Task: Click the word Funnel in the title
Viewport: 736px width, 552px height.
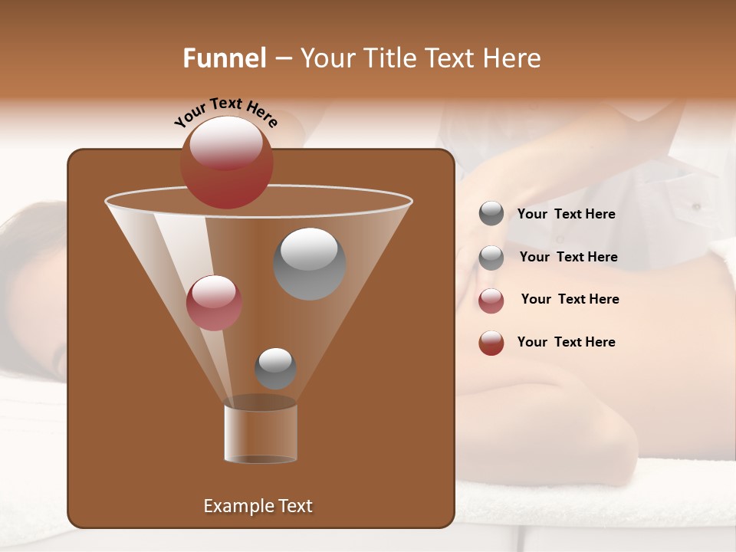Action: click(224, 58)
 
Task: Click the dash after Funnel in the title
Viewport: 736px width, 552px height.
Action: click(282, 59)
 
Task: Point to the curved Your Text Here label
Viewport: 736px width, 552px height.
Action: click(225, 111)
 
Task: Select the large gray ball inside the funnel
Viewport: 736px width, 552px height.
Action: click(310, 263)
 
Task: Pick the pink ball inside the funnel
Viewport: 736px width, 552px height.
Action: click(214, 302)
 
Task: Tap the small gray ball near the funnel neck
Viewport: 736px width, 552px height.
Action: click(275, 368)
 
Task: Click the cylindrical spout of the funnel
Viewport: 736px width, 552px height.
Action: click(261, 433)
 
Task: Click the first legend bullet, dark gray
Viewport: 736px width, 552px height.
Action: click(491, 214)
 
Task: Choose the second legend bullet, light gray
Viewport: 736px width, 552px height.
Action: click(491, 257)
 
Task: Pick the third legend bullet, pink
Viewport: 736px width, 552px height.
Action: click(491, 300)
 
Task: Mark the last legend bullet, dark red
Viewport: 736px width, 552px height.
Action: click(491, 343)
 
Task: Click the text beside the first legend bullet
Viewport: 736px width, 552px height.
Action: click(566, 215)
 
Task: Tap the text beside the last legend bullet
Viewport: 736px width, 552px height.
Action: click(566, 343)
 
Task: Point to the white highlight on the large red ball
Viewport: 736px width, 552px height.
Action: click(226, 143)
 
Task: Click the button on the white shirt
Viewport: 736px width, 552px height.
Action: click(696, 206)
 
